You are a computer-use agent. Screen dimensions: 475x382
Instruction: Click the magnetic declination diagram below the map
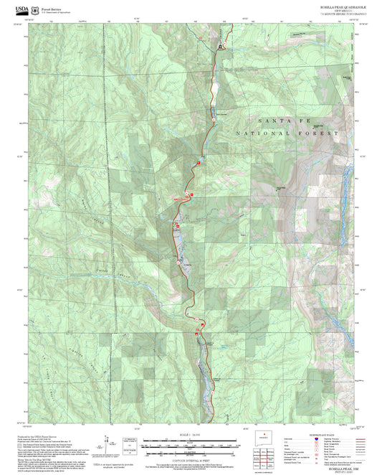[110, 443]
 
